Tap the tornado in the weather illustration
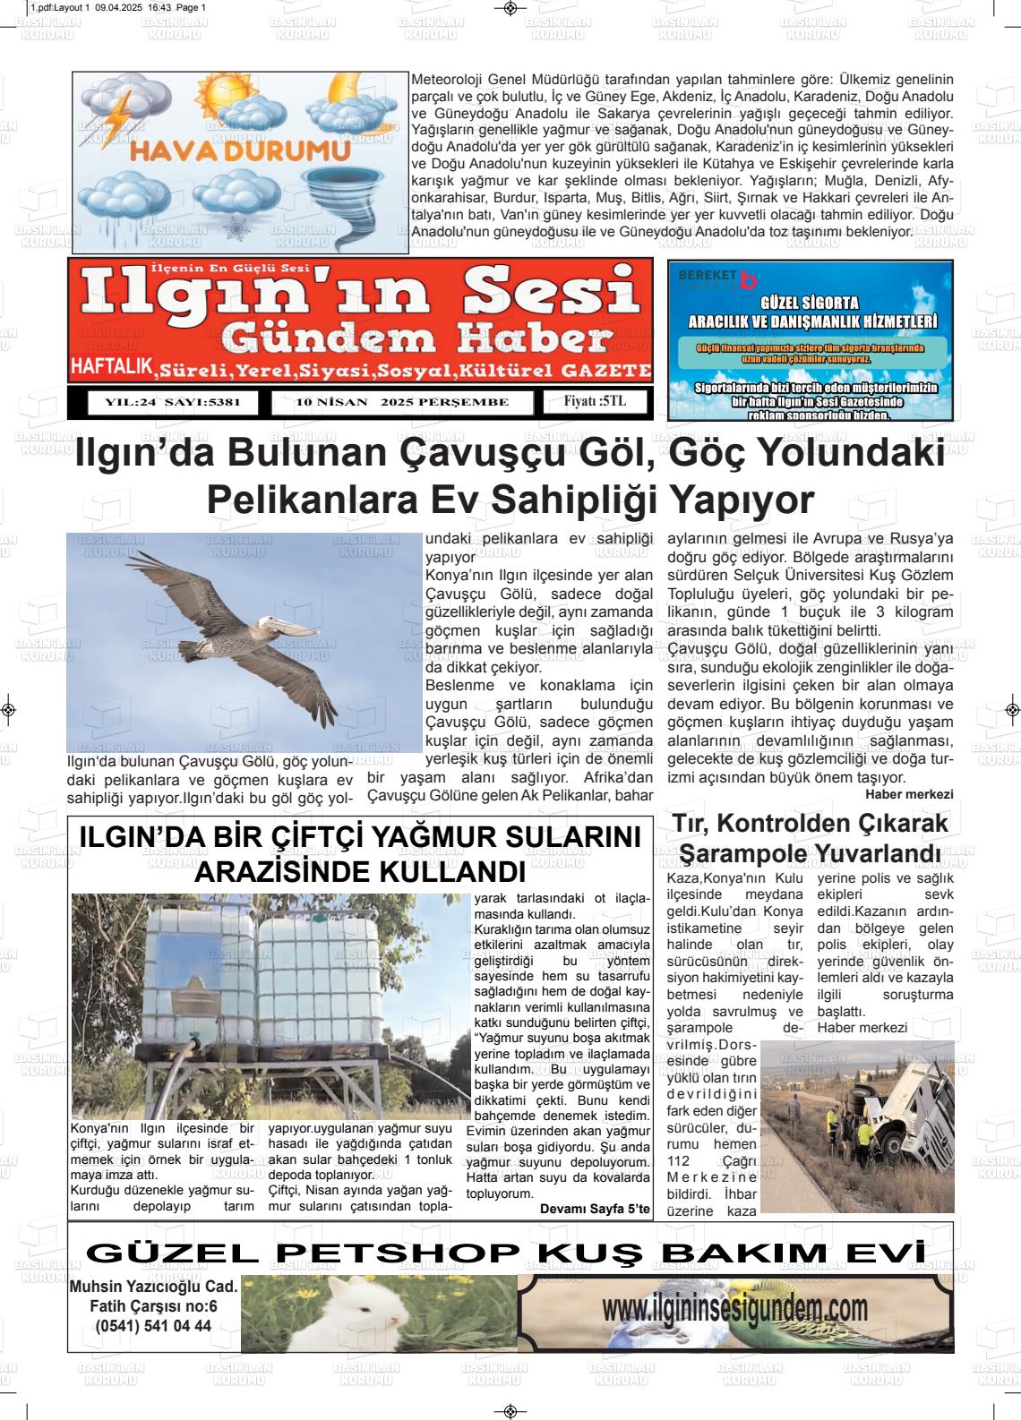[367, 201]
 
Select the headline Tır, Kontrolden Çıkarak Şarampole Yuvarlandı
[810, 837]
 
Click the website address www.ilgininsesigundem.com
[734, 1310]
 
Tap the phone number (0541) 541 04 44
[153, 1326]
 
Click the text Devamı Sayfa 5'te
[595, 1209]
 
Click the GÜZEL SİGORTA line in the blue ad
[809, 303]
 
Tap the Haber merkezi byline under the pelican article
[909, 794]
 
